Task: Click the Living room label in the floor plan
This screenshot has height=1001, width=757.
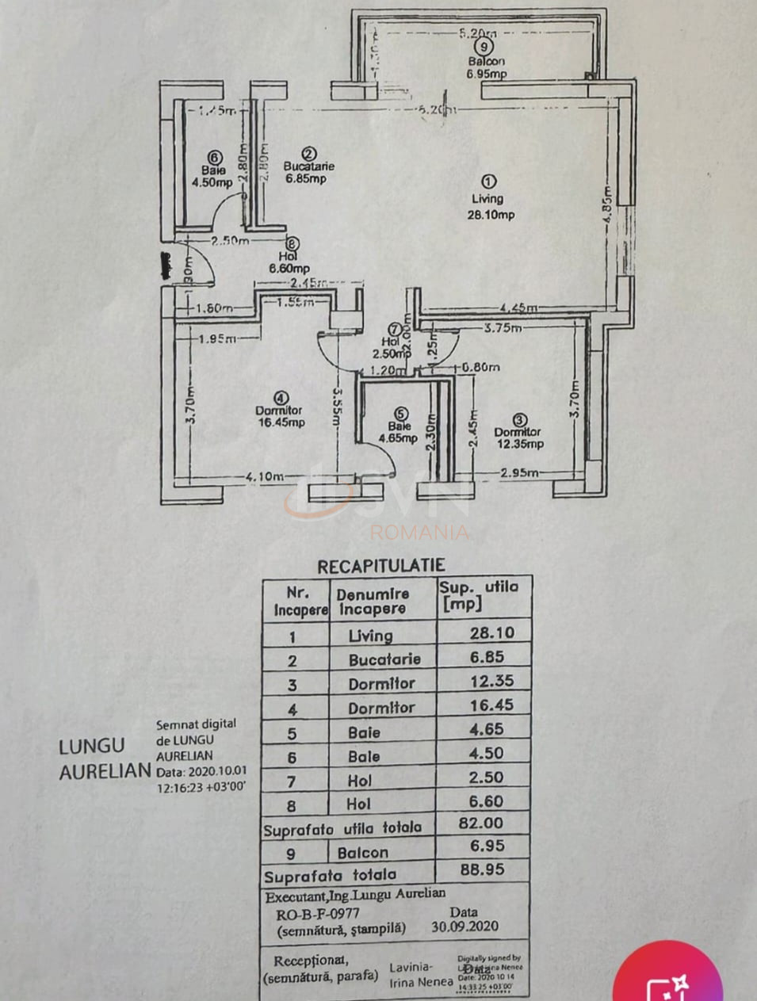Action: pos(487,199)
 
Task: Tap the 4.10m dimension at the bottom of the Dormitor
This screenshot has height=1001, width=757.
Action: pos(265,476)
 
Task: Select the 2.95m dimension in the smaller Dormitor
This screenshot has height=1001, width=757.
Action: pos(519,473)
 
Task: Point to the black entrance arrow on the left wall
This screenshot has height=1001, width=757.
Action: pos(166,265)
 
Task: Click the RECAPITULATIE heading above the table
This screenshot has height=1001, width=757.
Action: pos(381,566)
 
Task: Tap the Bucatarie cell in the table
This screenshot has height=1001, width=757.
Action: pos(384,659)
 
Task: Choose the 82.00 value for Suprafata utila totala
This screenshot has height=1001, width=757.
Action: pos(481,823)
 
